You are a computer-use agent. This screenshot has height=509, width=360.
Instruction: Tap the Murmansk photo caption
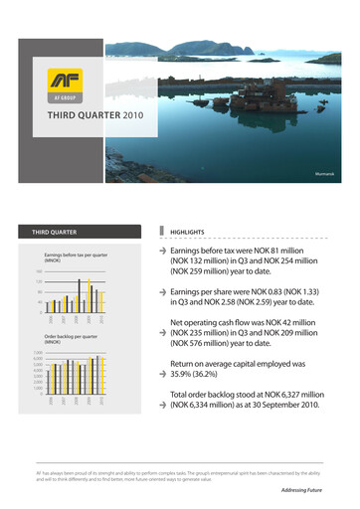click(x=333, y=179)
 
